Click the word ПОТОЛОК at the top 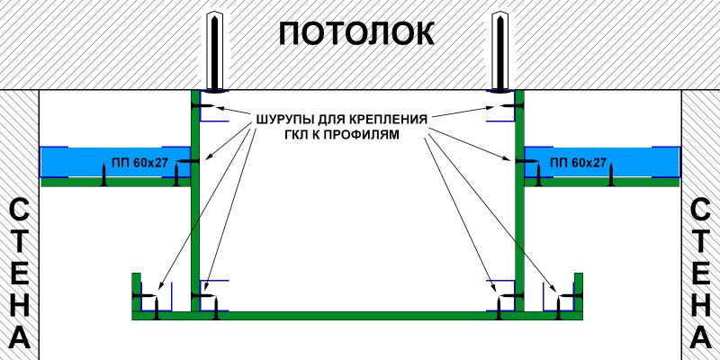tap(356, 33)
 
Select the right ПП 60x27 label tap(577, 163)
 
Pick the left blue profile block tap(81, 162)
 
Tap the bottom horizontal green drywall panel tap(360, 315)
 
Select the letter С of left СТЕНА tap(19, 213)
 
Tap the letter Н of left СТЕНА tap(19, 306)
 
